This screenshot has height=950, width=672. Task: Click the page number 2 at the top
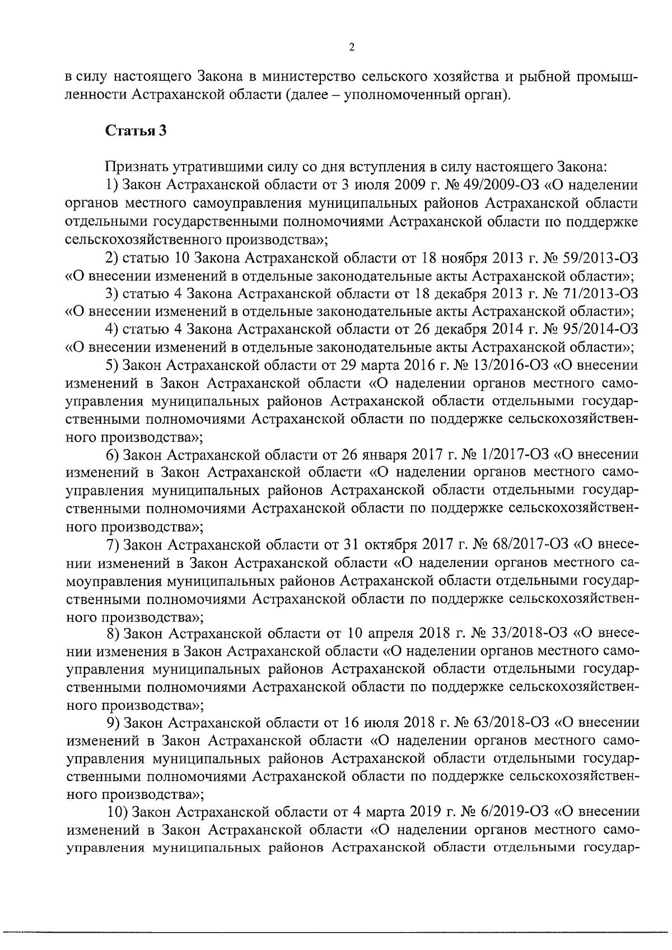tap(351, 48)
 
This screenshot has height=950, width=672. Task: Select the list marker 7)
tap(114, 545)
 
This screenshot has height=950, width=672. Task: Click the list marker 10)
tap(117, 812)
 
